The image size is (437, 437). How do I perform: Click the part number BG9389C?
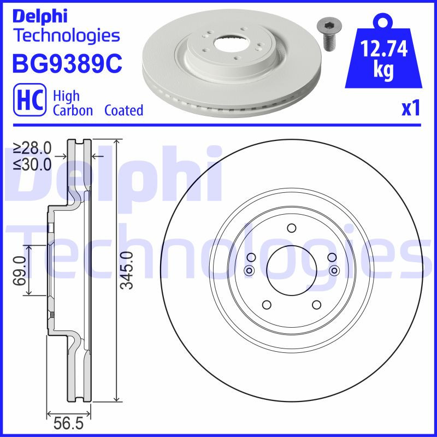67,64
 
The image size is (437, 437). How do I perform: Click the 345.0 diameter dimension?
127,270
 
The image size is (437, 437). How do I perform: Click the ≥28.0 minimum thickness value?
32,147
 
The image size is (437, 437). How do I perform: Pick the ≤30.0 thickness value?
32,163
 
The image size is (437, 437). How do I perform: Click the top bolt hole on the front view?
291,228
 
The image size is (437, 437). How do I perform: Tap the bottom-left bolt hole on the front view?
267,305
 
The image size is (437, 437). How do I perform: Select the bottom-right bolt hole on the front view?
316,305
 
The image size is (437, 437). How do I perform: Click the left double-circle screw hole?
250,270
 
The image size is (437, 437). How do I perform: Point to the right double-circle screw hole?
333,270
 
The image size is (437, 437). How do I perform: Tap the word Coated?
123,110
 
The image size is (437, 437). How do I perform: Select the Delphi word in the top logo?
39,16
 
